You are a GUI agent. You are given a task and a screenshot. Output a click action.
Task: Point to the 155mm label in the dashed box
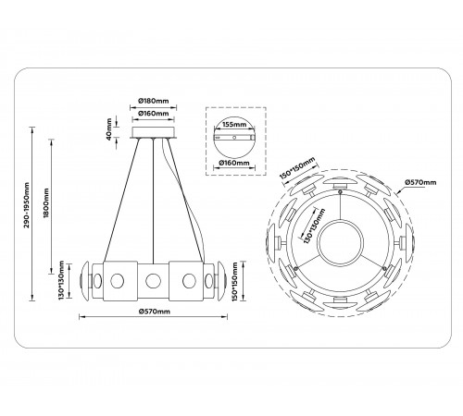(x=233, y=121)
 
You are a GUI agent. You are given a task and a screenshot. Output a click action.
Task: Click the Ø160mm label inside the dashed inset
(x=233, y=162)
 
